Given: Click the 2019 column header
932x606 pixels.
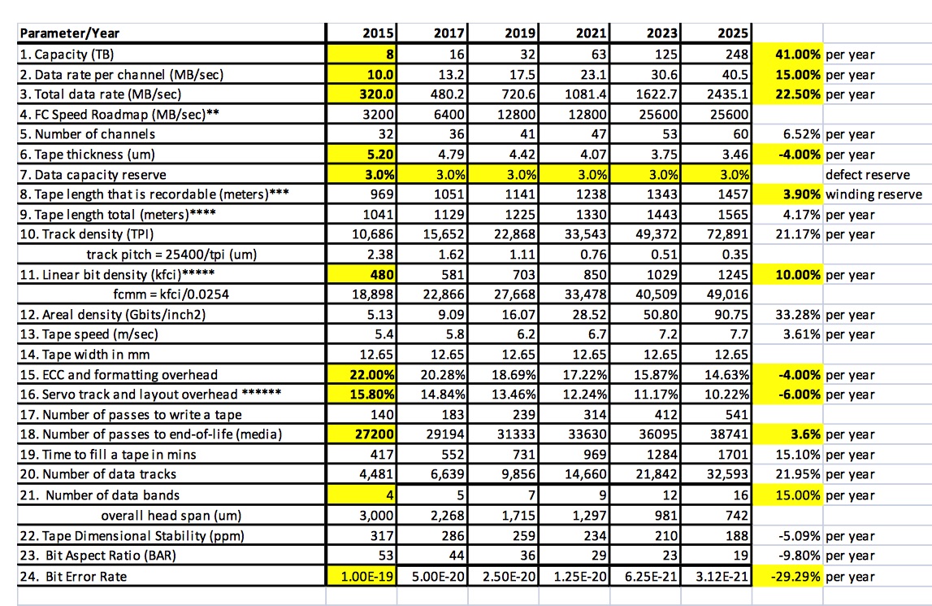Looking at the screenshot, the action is (x=519, y=33).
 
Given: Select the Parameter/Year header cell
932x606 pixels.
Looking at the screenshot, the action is (x=70, y=33).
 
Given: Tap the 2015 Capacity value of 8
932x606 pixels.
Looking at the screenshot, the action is (x=390, y=54).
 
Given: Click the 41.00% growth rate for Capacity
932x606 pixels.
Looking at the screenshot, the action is (x=798, y=54).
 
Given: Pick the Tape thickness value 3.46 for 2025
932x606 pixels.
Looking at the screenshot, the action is (x=735, y=155).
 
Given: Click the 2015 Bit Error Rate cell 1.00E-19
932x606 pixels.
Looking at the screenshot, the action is (x=367, y=576).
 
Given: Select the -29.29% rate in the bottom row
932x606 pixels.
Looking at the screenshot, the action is (x=795, y=576).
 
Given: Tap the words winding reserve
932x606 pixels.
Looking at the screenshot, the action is (x=873, y=194).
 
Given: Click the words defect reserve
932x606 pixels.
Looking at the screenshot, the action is (x=868, y=175).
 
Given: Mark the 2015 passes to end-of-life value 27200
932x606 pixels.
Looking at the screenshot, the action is (x=375, y=434).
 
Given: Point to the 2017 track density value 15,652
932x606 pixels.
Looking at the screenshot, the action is (x=444, y=234).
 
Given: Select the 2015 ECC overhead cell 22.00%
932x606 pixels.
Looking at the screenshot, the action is (x=371, y=375).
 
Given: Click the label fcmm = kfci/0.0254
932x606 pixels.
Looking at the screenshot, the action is (x=171, y=294).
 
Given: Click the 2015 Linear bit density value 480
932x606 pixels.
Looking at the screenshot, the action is (x=382, y=275).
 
